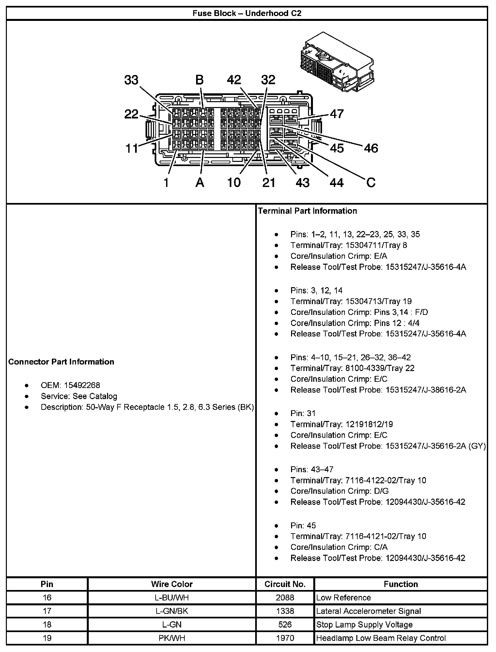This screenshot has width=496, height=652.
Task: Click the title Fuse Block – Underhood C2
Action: (247, 13)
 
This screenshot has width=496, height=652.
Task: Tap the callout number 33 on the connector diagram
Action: (131, 80)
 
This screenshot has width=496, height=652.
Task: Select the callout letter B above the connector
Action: (199, 80)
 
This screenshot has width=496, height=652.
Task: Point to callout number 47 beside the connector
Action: (337, 114)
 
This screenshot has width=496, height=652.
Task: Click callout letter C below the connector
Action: (371, 182)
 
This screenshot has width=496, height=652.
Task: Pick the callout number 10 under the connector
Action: (234, 182)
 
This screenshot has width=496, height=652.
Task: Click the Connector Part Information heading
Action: (61, 362)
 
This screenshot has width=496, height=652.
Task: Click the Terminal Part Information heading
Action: (307, 211)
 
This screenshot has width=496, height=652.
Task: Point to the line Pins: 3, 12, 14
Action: (317, 290)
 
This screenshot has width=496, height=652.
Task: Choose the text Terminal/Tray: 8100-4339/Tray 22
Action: (352, 368)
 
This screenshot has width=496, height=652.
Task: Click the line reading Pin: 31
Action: (303, 413)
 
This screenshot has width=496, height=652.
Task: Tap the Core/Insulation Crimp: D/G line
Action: (339, 491)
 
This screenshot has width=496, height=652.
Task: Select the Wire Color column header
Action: (172, 584)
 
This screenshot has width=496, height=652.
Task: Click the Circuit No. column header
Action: (285, 584)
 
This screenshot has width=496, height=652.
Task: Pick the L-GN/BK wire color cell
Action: (172, 611)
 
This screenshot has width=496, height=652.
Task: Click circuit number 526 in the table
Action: (285, 625)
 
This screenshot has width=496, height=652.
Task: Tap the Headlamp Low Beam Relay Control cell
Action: (381, 638)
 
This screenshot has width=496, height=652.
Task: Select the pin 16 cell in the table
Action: (47, 598)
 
